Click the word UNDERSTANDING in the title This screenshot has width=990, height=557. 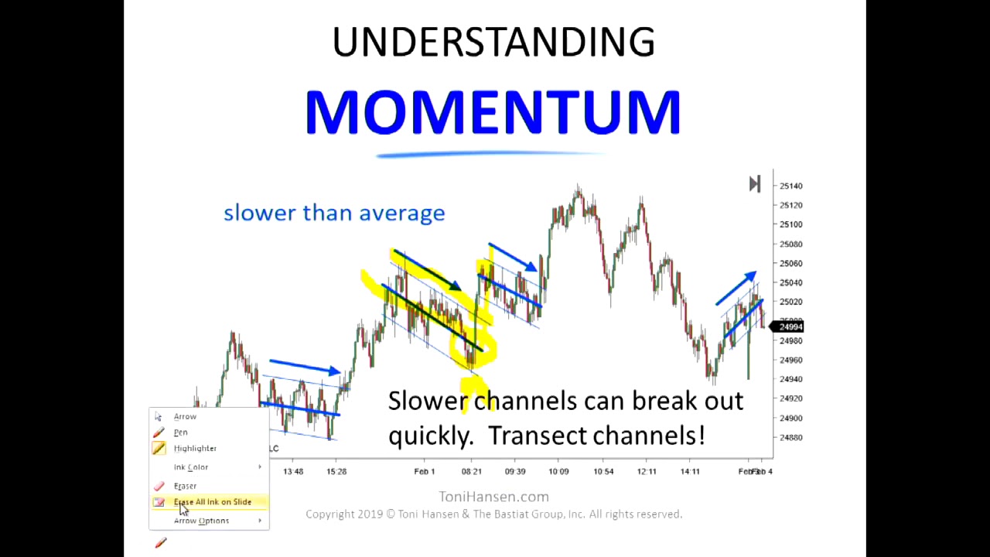click(x=493, y=43)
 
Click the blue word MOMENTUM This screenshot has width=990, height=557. click(x=493, y=113)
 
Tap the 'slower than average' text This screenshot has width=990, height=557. click(x=334, y=213)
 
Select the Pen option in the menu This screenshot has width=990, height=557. click(x=180, y=432)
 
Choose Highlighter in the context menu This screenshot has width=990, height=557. click(x=195, y=449)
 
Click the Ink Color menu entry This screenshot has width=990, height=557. click(x=191, y=467)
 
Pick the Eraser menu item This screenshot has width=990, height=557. click(x=185, y=486)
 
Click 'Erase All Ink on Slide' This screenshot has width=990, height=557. click(x=212, y=502)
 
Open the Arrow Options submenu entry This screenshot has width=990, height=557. click(x=201, y=521)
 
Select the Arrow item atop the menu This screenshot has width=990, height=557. click(x=185, y=417)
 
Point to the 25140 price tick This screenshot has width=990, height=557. click(x=790, y=186)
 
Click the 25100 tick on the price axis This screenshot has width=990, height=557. click(x=790, y=225)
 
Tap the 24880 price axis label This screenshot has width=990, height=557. click(x=790, y=438)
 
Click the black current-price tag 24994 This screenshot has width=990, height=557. click(x=790, y=327)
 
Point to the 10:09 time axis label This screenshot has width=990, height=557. click(x=558, y=472)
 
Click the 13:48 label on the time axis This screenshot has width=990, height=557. click(x=293, y=472)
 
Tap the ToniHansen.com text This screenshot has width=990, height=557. click(x=493, y=497)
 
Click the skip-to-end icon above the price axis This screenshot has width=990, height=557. click(x=755, y=184)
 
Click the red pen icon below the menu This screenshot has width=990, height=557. click(x=161, y=543)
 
